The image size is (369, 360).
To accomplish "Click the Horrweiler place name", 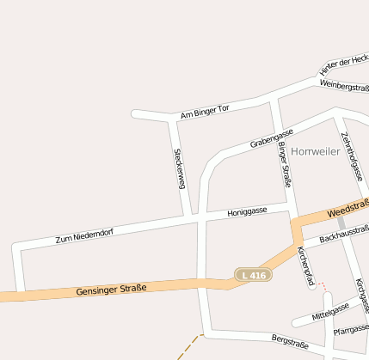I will (316, 151).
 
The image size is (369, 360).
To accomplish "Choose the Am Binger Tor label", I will (205, 112).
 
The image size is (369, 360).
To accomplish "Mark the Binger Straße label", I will (285, 165).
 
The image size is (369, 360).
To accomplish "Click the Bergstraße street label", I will (289, 342).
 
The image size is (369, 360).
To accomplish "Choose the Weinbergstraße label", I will (344, 86).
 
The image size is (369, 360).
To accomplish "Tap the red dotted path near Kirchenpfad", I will (322, 284).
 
